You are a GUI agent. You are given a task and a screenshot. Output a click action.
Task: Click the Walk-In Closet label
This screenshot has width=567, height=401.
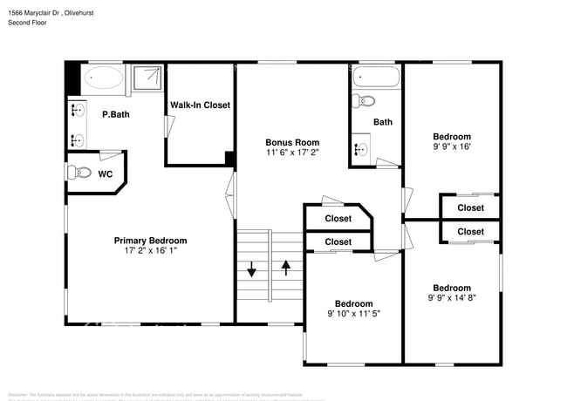click(200, 105)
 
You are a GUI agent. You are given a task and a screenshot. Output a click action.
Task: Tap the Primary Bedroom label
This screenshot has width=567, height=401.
click(150, 241)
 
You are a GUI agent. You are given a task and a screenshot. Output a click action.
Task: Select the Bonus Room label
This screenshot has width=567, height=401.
click(292, 142)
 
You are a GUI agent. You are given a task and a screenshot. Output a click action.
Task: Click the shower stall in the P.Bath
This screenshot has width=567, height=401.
click(147, 79)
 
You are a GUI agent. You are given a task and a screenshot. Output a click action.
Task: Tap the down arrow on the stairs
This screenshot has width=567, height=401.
click(252, 269)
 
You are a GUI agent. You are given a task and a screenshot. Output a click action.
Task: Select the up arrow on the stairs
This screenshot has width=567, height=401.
click(286, 268)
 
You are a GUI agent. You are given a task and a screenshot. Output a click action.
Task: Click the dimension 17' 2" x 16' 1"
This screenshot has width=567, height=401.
click(150, 253)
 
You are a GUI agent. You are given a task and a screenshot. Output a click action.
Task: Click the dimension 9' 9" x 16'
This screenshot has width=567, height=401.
click(452, 147)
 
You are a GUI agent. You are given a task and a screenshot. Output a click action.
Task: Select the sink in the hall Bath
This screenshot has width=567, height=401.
click(359, 147)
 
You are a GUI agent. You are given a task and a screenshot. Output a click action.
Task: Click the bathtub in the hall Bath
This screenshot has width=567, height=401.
click(376, 78)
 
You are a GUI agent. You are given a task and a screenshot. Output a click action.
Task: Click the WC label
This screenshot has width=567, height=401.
click(105, 173)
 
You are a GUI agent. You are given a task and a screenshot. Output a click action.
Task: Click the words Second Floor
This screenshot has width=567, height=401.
click(26, 23)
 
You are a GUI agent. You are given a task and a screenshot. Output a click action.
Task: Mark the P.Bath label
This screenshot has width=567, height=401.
click(115, 114)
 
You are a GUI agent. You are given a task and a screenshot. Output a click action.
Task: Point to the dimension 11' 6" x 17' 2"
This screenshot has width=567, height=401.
click(292, 153)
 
